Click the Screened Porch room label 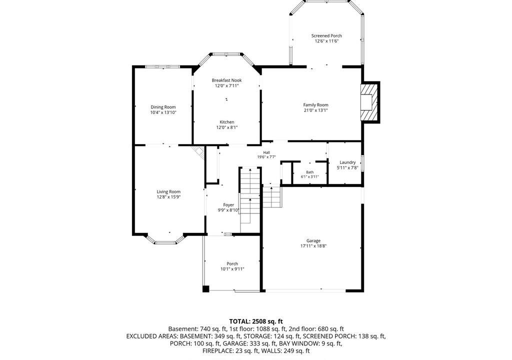(x=326, y=36)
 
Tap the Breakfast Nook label (x=226, y=80)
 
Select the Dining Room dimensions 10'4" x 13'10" (x=163, y=112)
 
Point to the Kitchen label (x=226, y=122)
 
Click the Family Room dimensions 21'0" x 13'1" (x=315, y=110)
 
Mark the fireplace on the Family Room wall (x=370, y=102)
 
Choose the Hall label (x=266, y=152)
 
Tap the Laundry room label (x=347, y=162)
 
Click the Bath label (x=310, y=172)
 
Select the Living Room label (x=168, y=192)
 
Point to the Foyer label (x=228, y=205)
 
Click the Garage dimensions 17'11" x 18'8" (x=313, y=246)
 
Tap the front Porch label (x=232, y=264)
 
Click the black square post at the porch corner (x=205, y=289)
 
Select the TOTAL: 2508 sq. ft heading (x=255, y=321)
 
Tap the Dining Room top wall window (x=162, y=66)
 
